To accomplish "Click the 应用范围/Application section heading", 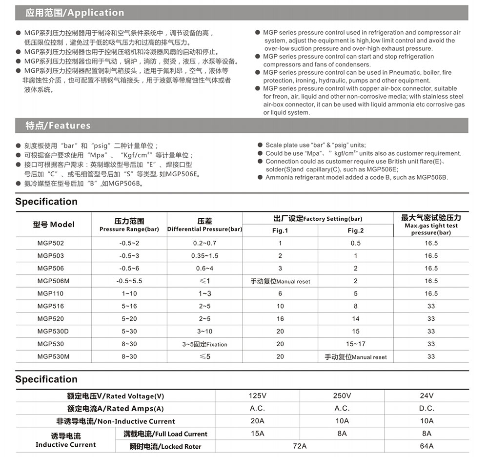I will (75, 13).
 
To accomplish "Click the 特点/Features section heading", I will (58, 125).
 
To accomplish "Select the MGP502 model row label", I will (50, 243).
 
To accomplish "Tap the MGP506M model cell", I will (53, 281).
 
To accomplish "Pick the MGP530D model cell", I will (53, 331).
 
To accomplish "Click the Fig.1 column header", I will (280, 230).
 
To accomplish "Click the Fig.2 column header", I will (356, 230).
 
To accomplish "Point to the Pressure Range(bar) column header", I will (129, 225).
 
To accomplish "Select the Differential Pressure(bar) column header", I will (204, 225).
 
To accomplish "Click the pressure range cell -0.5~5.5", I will (129, 281).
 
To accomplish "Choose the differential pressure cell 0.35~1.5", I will (205, 256).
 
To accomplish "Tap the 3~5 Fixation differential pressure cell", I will (205, 344).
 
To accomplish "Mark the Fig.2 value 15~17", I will (356, 344).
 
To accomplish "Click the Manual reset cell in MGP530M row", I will (356, 357).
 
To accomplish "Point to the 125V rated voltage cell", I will (258, 395).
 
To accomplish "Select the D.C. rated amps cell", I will (427, 408).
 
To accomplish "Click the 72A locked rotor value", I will (300, 446).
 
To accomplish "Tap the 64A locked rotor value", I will (427, 446).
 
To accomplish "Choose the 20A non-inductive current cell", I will (258, 421).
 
